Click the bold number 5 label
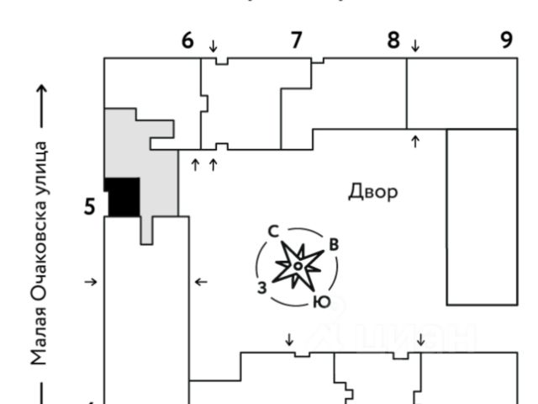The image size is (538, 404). [89, 206]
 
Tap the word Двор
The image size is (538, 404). [372, 192]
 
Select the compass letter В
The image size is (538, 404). [333, 245]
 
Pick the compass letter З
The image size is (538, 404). [262, 288]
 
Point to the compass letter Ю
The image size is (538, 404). [320, 302]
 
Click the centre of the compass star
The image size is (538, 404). [298, 266]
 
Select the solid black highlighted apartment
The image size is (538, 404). [123, 196]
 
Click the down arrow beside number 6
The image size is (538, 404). [213, 45]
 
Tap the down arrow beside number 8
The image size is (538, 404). [414, 45]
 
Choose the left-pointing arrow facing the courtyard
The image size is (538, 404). [201, 282]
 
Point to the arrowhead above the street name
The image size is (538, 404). [39, 90]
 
